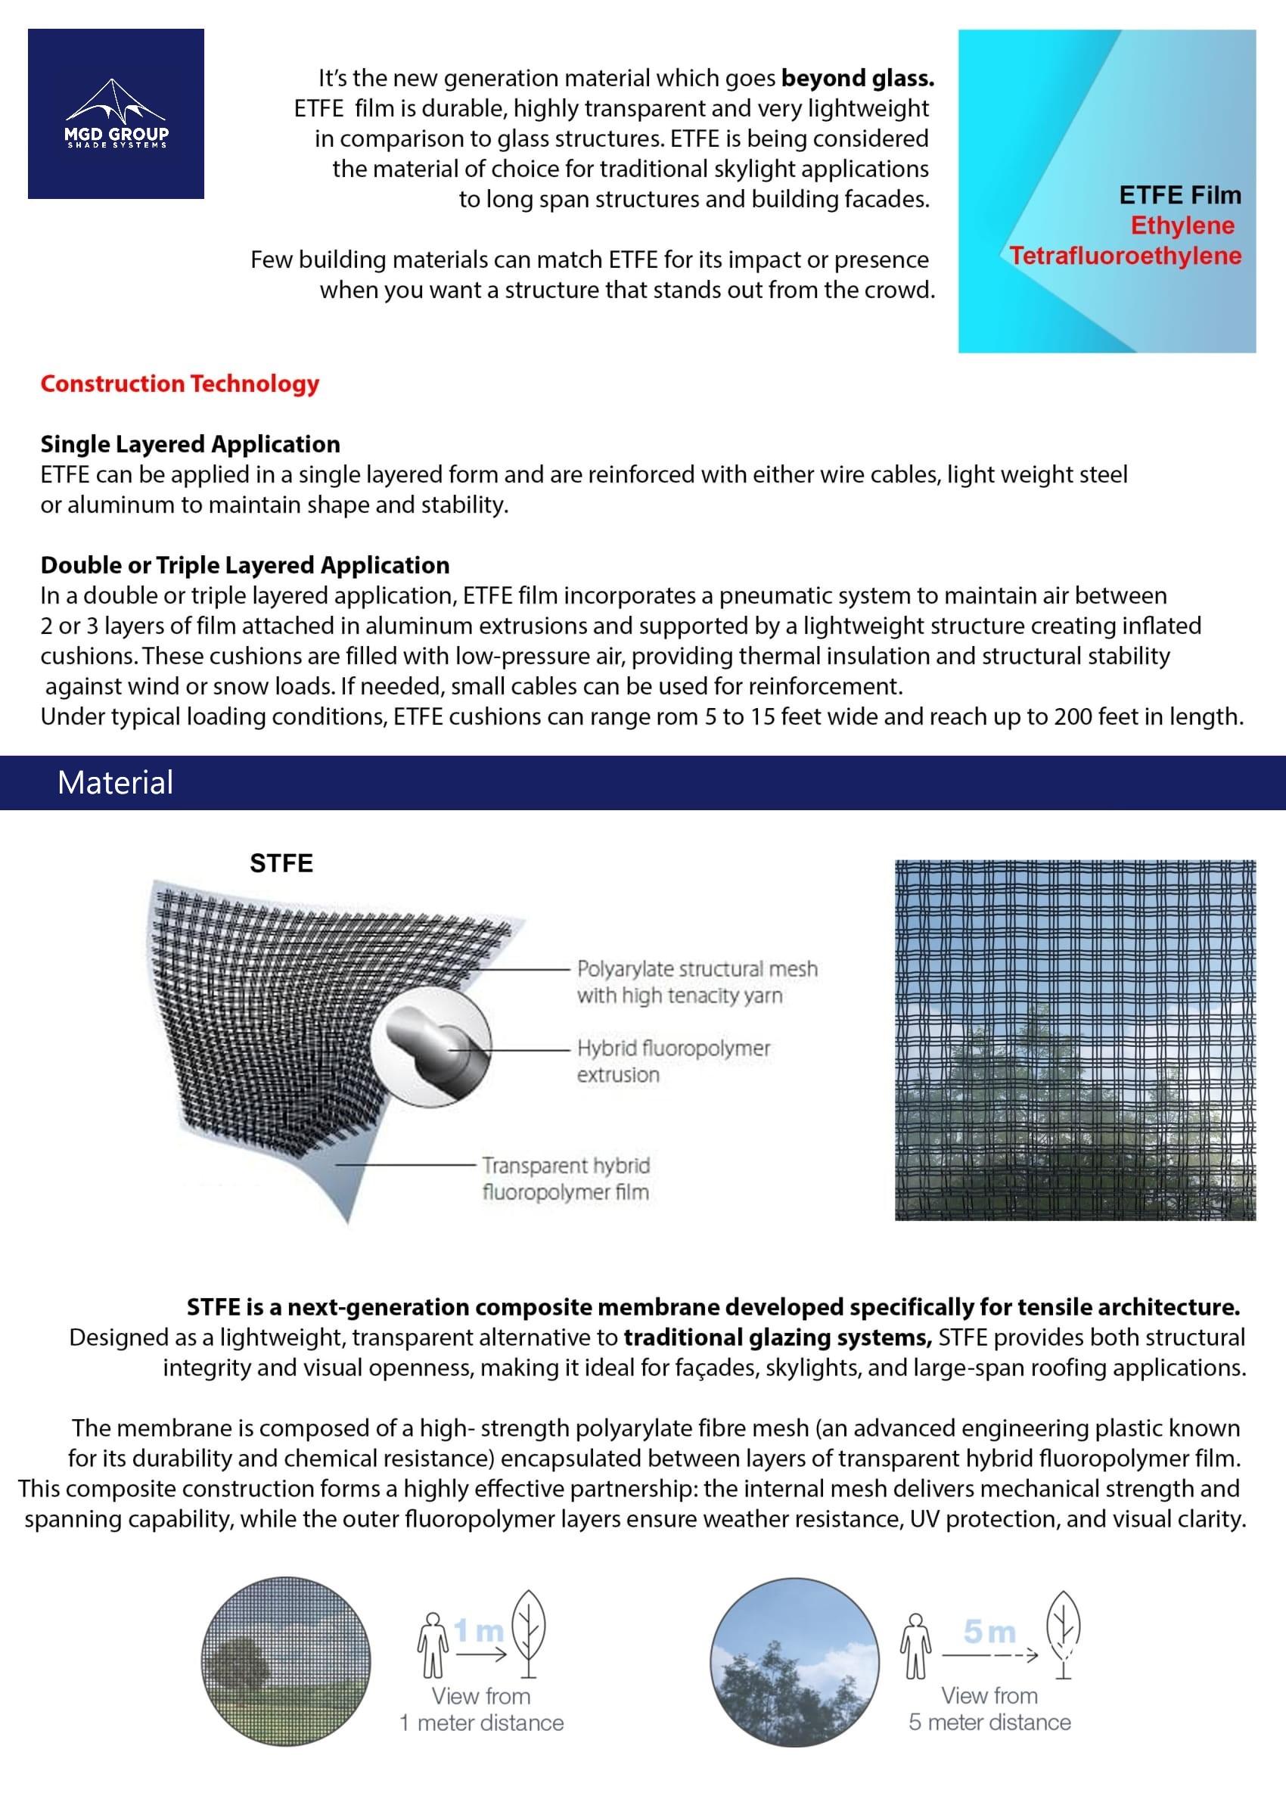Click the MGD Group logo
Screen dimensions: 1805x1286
pyautogui.click(x=116, y=114)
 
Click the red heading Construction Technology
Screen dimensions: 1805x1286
pyautogui.click(x=180, y=384)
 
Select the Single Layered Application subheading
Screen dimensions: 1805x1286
pyautogui.click(x=190, y=444)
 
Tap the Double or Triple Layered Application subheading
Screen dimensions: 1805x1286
pyautogui.click(x=244, y=565)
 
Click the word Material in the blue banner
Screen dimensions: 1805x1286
pyautogui.click(x=115, y=783)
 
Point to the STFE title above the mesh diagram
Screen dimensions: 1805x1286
pyautogui.click(x=281, y=863)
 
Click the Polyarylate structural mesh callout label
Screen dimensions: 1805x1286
pyautogui.click(x=697, y=982)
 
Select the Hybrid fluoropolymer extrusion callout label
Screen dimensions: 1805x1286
pyautogui.click(x=673, y=1061)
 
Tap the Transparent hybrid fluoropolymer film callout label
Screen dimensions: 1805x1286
pyautogui.click(x=566, y=1178)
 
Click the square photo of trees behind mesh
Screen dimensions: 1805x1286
pyautogui.click(x=1075, y=1039)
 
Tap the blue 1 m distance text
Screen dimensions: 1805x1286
pyautogui.click(x=479, y=1631)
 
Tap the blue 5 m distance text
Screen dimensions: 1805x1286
pyautogui.click(x=989, y=1631)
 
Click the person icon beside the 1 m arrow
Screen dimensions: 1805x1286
pyautogui.click(x=433, y=1646)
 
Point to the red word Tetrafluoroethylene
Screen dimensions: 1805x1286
pyautogui.click(x=1126, y=256)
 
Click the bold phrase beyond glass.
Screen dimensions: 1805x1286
pyautogui.click(x=858, y=79)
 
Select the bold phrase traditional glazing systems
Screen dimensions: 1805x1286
pyautogui.click(x=778, y=1338)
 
